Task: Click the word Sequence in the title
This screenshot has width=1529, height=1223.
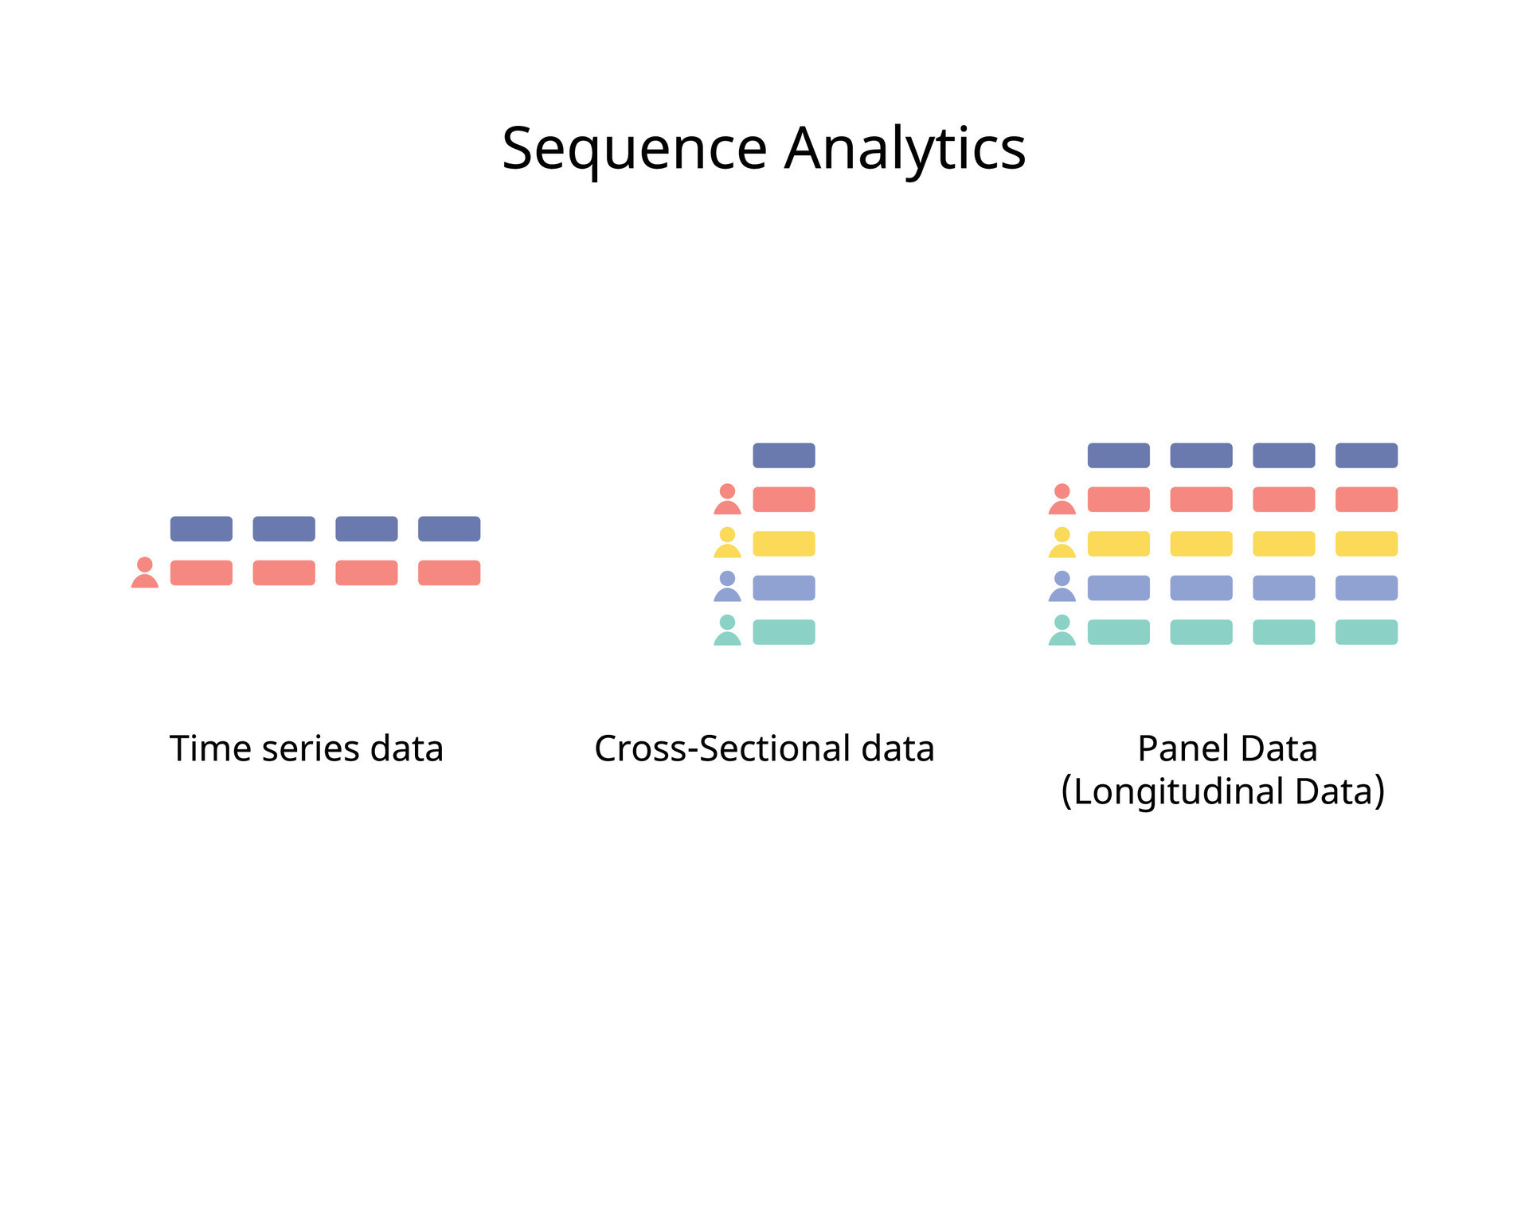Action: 634,149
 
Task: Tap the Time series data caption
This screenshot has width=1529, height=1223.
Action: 306,748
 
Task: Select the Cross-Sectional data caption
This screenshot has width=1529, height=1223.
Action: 764,748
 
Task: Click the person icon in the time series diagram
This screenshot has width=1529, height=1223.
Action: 145,572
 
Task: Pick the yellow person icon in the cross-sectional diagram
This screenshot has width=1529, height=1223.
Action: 727,542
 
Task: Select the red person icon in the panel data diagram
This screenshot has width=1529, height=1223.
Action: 1062,499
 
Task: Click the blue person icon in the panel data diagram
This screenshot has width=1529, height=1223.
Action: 1062,587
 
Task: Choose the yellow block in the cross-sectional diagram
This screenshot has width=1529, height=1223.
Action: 784,544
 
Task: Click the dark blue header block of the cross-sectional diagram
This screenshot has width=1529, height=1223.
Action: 784,455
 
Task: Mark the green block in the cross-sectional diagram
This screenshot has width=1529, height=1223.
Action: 784,632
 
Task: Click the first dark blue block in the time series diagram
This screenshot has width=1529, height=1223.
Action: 201,529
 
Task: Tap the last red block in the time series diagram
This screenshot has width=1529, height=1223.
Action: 449,572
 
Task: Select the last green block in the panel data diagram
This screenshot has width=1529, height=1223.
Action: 1367,632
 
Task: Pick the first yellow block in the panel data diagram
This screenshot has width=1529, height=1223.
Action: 1119,544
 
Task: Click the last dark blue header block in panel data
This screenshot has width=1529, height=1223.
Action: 1367,455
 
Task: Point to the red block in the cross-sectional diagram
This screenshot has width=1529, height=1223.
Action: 784,499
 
